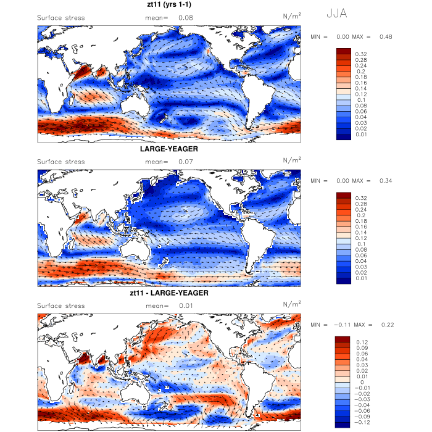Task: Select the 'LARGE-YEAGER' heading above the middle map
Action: pyautogui.click(x=168, y=149)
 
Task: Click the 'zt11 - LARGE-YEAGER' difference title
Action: pyautogui.click(x=168, y=293)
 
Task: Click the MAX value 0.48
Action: pyautogui.click(x=385, y=37)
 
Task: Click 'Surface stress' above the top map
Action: pyautogui.click(x=61, y=18)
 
